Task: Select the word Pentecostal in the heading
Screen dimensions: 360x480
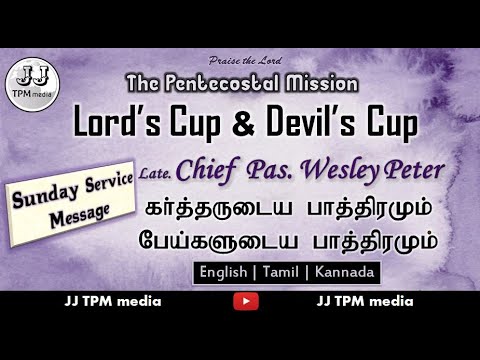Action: (229, 82)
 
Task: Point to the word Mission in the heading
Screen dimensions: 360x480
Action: (321, 82)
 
